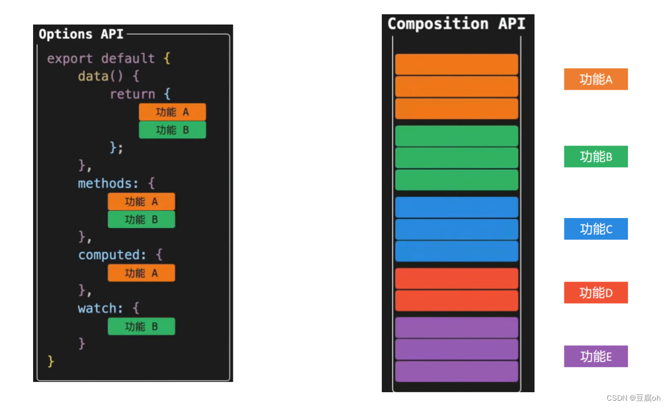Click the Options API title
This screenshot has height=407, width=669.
click(x=81, y=34)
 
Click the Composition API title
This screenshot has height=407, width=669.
click(x=456, y=24)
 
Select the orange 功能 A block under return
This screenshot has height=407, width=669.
click(x=172, y=112)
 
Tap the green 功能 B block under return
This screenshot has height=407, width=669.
click(x=172, y=130)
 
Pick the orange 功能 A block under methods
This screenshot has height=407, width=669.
click(x=142, y=202)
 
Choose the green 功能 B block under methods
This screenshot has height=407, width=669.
click(x=142, y=219)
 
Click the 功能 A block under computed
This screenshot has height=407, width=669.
click(x=142, y=273)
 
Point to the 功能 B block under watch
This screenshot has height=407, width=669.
click(x=142, y=327)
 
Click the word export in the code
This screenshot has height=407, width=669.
click(x=70, y=59)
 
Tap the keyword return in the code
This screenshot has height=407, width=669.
click(x=132, y=94)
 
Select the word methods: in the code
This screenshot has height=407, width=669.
click(x=108, y=184)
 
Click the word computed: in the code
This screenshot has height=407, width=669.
click(x=112, y=255)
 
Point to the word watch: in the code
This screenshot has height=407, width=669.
click(x=100, y=309)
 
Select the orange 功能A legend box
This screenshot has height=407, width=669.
click(x=595, y=79)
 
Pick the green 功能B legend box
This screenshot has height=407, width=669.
click(x=595, y=156)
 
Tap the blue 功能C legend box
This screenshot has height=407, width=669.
click(x=595, y=229)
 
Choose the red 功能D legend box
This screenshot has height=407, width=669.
click(x=595, y=293)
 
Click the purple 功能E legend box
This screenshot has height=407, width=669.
click(x=595, y=356)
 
